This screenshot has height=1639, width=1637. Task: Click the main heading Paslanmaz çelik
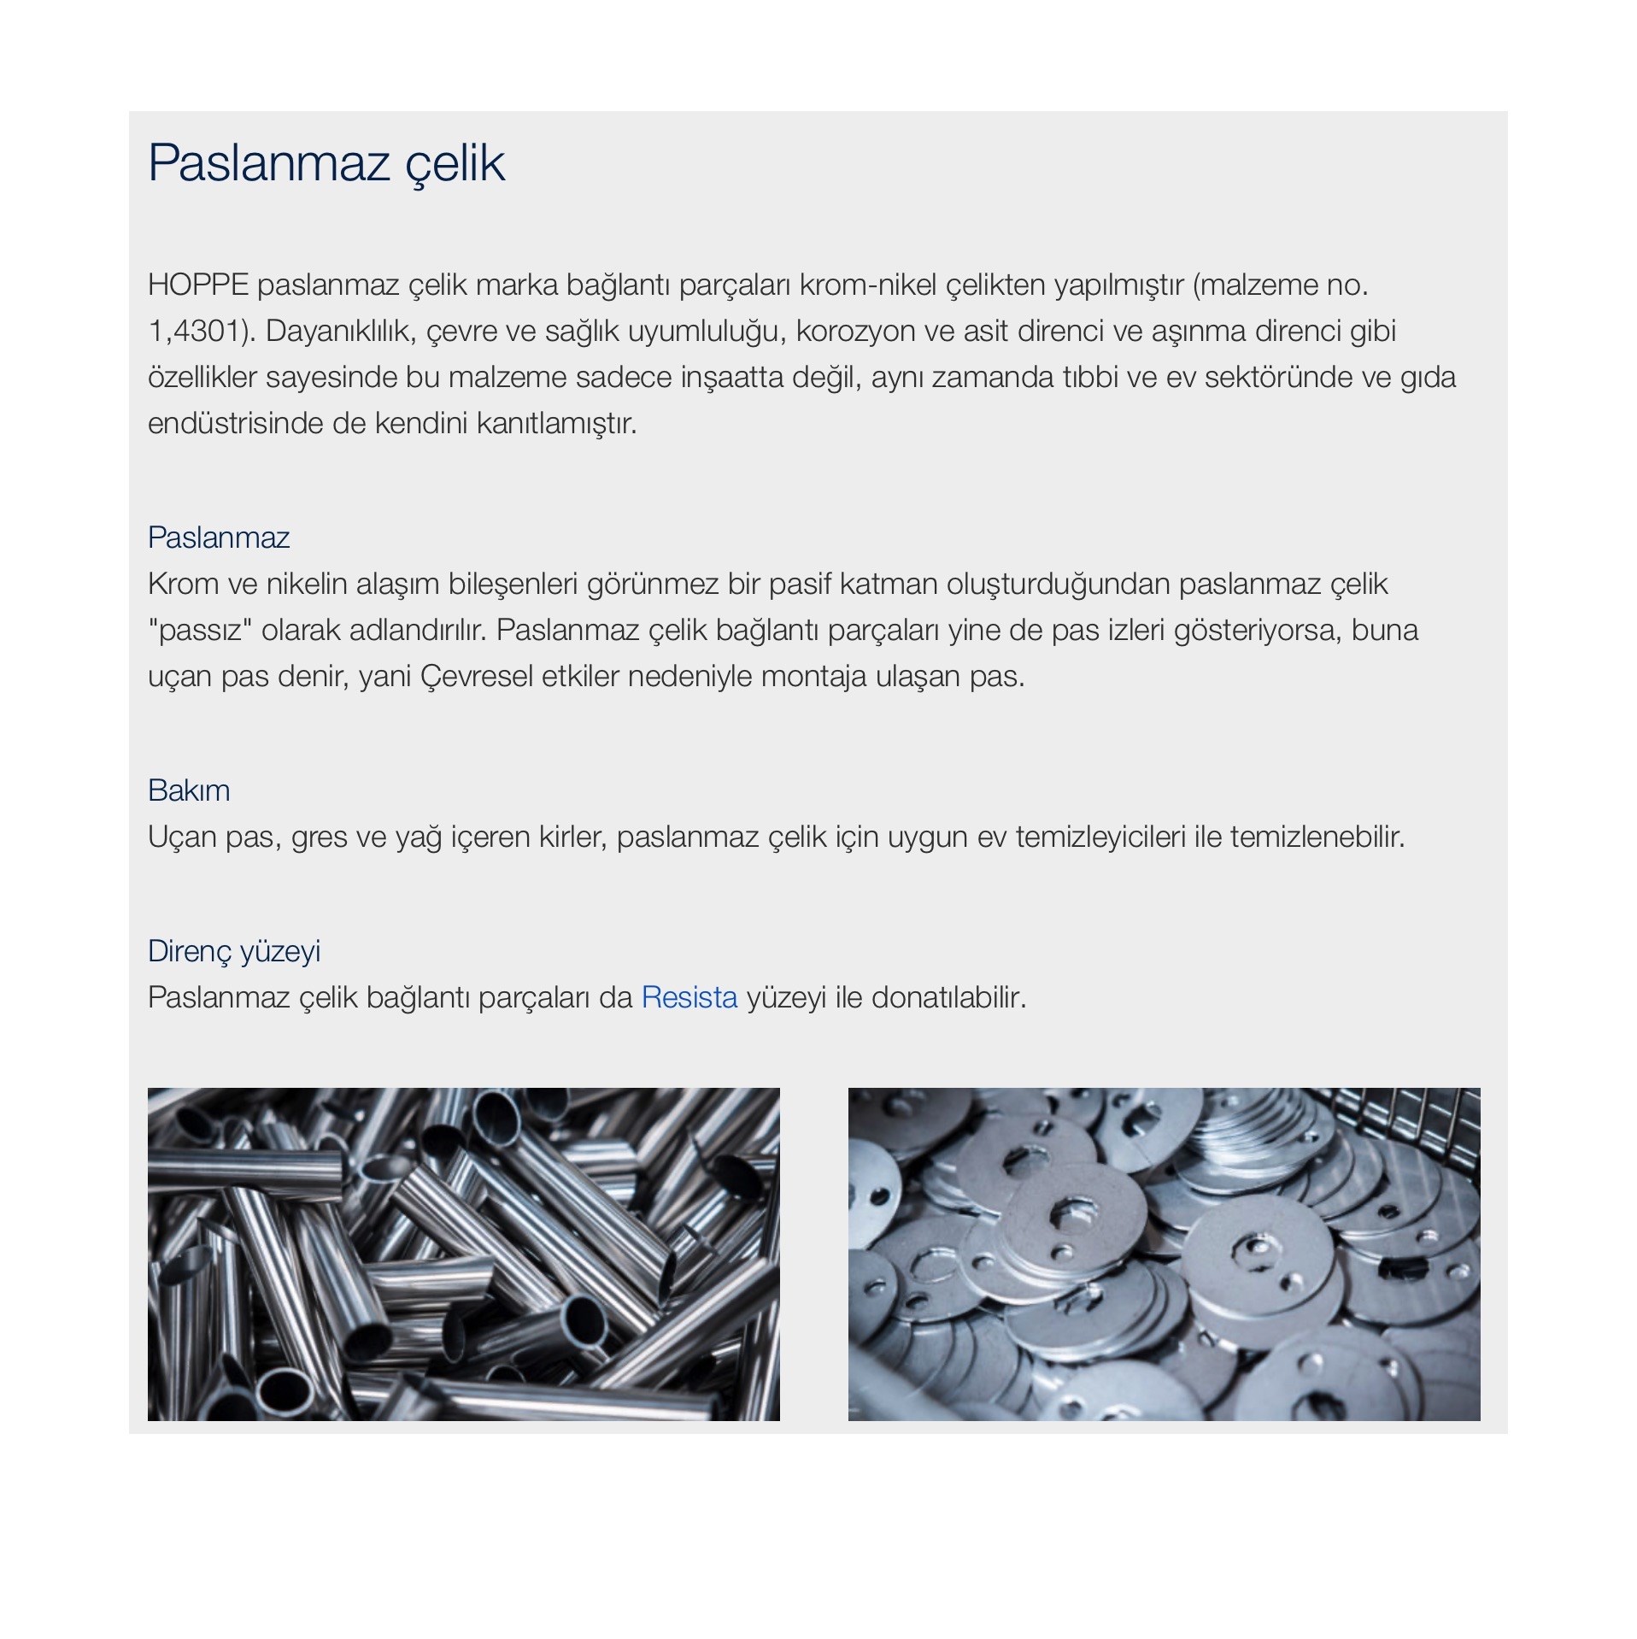point(326,162)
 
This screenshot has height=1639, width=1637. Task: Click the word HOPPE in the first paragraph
point(197,285)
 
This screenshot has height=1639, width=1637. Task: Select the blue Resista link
point(689,997)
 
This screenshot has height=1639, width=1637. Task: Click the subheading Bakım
point(189,790)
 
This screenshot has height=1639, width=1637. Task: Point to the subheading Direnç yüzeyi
point(234,951)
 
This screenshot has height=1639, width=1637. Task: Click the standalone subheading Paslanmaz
point(219,538)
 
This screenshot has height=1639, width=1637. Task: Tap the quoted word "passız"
point(199,630)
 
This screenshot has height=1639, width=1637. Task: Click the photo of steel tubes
point(463,1254)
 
